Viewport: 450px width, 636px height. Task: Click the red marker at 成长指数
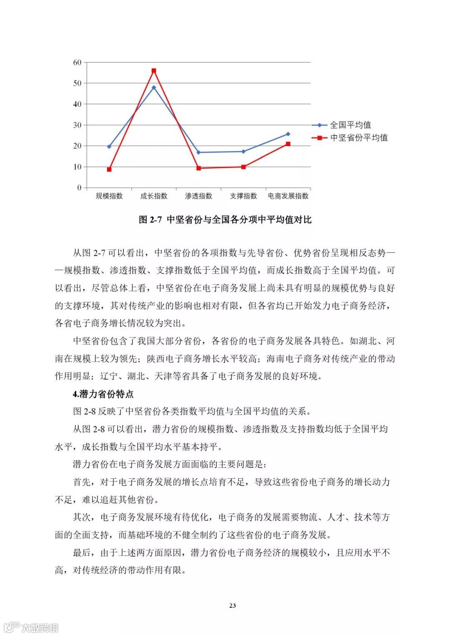click(x=154, y=71)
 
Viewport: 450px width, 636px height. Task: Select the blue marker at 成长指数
click(x=154, y=87)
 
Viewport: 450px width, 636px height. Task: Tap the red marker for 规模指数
click(x=109, y=169)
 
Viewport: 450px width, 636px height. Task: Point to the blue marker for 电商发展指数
click(x=288, y=134)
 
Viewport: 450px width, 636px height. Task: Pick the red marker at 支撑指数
click(x=243, y=167)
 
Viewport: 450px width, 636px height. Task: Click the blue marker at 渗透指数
click(x=198, y=152)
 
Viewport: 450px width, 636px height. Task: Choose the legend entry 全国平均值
click(x=350, y=125)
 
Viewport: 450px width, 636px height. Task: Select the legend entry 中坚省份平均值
click(x=359, y=138)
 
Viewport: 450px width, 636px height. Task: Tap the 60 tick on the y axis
click(x=77, y=62)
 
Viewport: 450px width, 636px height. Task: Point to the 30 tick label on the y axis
click(x=77, y=125)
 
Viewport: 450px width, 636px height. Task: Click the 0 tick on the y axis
click(x=79, y=188)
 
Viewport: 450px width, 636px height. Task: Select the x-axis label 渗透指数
click(x=198, y=196)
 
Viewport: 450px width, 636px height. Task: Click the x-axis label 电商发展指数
click(x=288, y=196)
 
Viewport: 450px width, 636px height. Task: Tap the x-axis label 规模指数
click(x=109, y=196)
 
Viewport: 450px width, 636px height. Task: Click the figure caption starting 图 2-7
click(x=225, y=220)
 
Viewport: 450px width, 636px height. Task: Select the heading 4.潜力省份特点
click(x=103, y=394)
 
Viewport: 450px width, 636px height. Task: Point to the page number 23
click(x=232, y=605)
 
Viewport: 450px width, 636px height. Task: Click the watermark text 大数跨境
click(x=40, y=627)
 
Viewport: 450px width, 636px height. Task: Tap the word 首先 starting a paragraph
click(x=82, y=482)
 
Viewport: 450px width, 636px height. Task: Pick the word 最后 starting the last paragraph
click(x=82, y=553)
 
